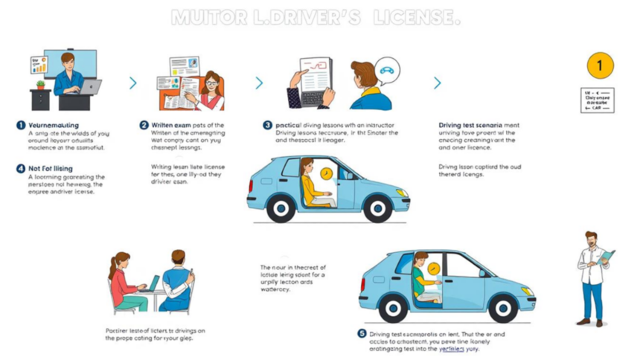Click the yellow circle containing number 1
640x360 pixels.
point(599,65)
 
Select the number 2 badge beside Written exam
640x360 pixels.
point(144,125)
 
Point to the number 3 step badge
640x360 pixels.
point(267,125)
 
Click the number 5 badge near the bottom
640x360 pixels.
point(362,334)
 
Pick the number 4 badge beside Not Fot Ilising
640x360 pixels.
point(21,169)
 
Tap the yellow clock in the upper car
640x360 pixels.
point(326,173)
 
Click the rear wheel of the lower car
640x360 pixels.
point(392,307)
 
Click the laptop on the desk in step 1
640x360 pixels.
point(91,86)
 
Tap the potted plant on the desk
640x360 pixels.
point(40,85)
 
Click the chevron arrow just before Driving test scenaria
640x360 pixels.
point(437,83)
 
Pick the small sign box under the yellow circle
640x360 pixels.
point(598,100)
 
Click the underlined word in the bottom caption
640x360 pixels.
point(452,348)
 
